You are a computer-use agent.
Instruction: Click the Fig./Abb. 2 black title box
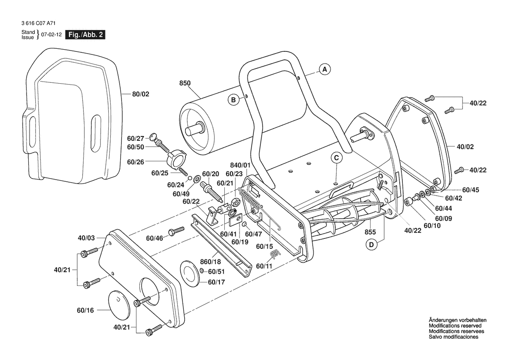85,35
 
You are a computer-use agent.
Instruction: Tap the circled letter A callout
325,69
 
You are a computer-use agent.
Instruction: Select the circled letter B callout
233,100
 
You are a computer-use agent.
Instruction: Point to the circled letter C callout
337,158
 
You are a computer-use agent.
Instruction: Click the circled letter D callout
371,245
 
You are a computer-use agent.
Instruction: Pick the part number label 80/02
141,94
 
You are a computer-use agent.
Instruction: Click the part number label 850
185,83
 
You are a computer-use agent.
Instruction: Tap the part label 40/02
465,146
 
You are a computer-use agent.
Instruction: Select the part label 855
370,232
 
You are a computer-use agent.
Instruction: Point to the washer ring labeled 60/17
190,273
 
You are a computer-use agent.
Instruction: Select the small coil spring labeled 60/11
275,254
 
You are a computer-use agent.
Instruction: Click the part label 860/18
210,262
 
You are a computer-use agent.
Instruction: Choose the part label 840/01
240,165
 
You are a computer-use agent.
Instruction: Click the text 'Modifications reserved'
455,326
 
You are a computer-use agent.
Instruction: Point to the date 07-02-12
51,35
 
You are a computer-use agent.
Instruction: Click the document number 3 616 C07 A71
38,24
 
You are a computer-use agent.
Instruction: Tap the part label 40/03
86,238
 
